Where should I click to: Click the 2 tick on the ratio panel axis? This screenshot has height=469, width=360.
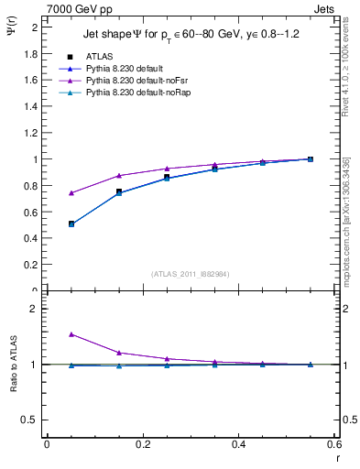pos(34,310)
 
